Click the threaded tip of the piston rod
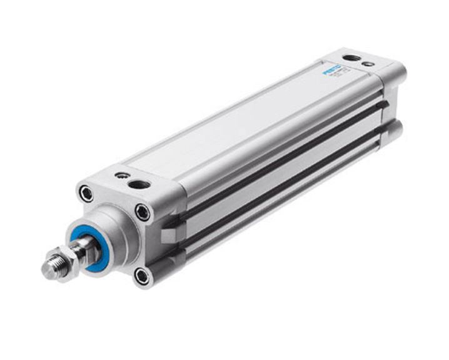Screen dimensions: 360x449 pos(51,267)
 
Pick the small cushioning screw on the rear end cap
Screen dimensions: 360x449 pos(370,64)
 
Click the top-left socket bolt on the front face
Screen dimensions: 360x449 pos(86,193)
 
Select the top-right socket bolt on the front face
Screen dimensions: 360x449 pos(143,212)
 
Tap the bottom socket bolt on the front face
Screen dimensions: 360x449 pos(143,274)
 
